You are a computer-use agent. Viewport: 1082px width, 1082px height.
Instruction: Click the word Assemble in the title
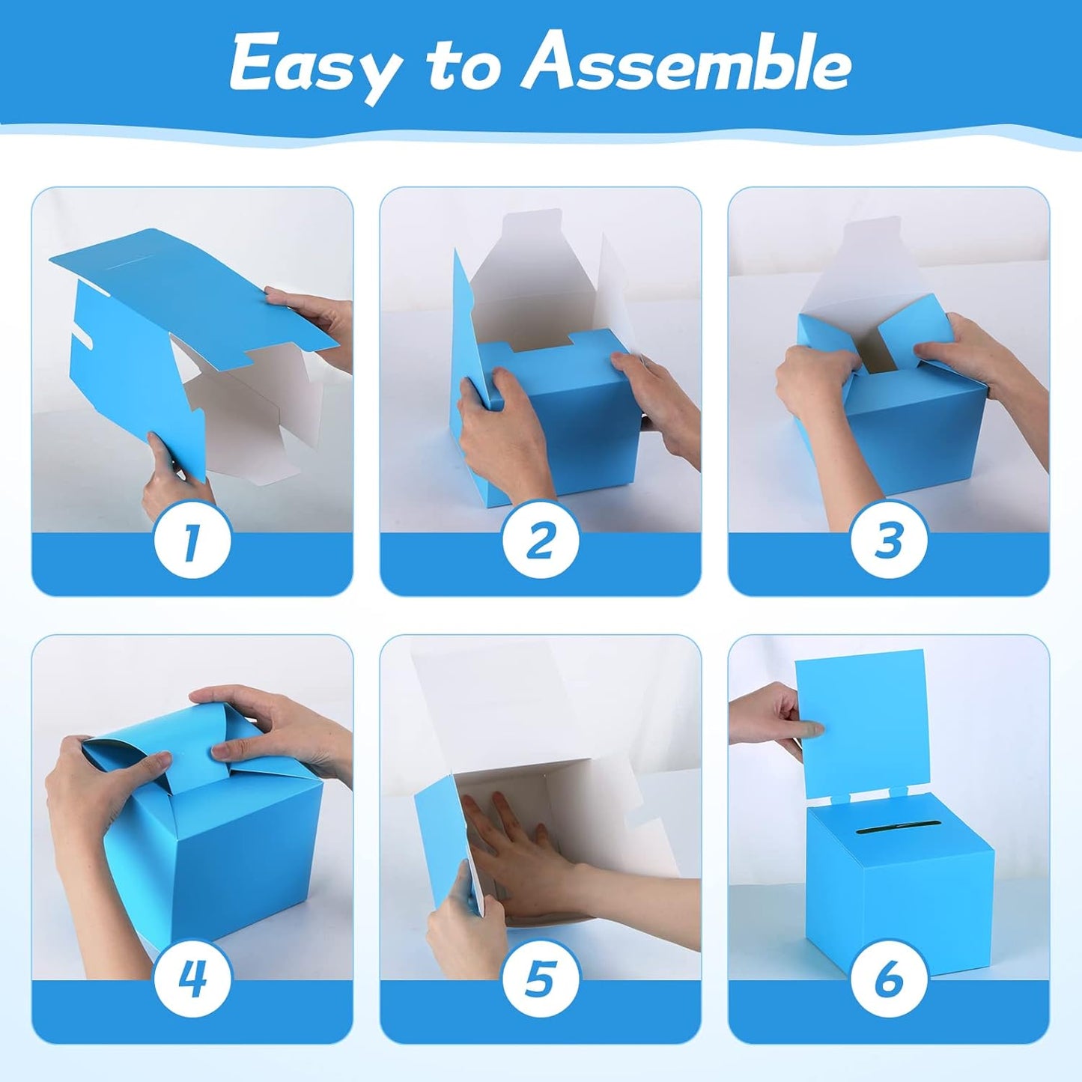click(686, 64)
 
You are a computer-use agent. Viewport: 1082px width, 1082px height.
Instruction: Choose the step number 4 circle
click(192, 976)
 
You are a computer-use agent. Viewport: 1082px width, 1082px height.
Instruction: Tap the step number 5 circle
click(540, 976)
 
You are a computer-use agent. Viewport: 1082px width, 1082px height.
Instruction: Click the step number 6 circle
click(888, 976)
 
